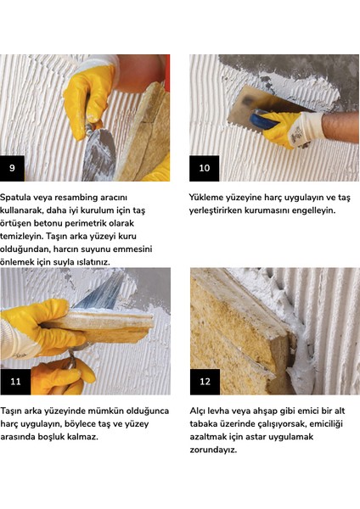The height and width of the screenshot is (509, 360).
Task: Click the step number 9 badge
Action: pos(12,168)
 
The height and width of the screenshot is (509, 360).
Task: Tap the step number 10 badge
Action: pos(204,168)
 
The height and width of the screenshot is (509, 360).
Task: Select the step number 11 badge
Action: pos(15,382)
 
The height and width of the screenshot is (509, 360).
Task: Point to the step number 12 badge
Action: pos(205,382)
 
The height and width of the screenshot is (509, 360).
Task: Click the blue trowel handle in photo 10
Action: pos(262,119)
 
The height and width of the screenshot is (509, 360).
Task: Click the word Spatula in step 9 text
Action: pos(16,198)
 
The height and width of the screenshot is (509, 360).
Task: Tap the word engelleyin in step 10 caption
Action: pos(313,210)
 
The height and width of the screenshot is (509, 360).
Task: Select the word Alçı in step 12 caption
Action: pos(197,411)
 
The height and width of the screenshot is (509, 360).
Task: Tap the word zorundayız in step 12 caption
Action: pos(213,450)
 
